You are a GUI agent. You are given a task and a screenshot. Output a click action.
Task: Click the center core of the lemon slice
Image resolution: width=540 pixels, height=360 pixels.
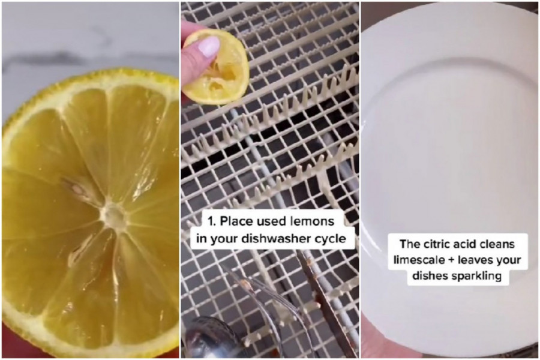tap(113, 215)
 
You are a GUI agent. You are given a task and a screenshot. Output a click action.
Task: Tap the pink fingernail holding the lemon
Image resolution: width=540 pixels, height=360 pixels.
tap(208, 46)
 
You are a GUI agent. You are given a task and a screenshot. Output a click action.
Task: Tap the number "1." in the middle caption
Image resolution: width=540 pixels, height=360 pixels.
tap(212, 221)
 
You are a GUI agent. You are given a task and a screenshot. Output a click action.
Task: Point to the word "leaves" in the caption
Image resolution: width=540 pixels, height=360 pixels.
tap(478, 260)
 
